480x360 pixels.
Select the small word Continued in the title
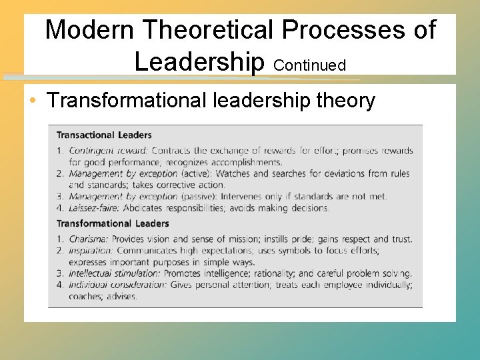point(309,65)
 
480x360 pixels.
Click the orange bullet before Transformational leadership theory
point(33,101)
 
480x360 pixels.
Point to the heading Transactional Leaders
point(104,135)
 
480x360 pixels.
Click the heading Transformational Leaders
point(113,223)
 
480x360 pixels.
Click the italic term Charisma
point(89,239)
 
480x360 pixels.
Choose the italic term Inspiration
point(91,251)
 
